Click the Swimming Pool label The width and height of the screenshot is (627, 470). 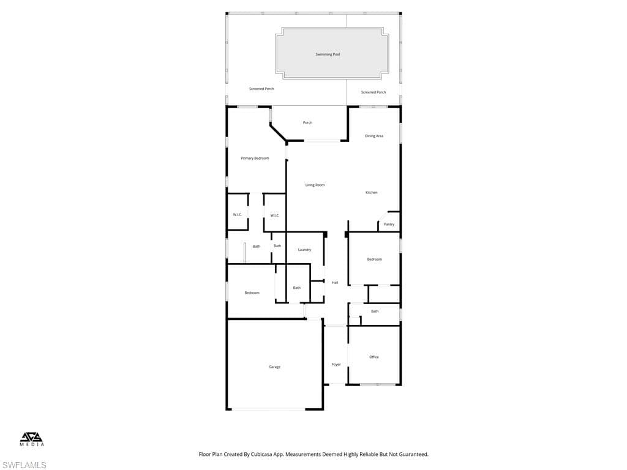[328, 54]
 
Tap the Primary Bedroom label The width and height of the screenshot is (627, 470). [255, 159]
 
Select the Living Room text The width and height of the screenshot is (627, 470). [315, 185]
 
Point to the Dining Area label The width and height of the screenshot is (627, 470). [374, 136]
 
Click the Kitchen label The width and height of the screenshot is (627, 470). [371, 193]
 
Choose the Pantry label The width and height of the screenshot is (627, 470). [389, 225]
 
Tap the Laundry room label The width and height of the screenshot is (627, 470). [304, 250]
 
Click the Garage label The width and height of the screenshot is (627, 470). [274, 367]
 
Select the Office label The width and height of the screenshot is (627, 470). [374, 357]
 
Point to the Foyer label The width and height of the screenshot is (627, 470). [336, 365]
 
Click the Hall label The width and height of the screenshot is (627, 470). [335, 283]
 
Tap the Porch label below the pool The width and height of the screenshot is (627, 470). [307, 123]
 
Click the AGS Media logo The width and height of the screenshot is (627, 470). [32, 439]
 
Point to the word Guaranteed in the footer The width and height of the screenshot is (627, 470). [410, 455]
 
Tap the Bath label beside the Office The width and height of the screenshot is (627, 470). [375, 311]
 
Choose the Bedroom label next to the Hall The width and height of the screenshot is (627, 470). [374, 259]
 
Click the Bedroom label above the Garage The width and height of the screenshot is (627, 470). [252, 293]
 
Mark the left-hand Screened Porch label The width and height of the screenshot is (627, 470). [261, 89]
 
